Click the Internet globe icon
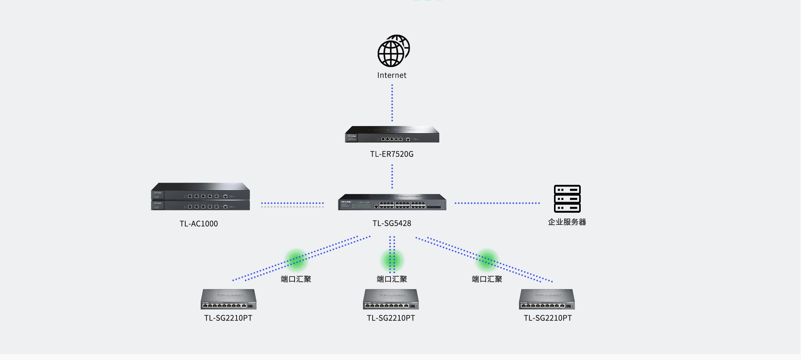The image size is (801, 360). coord(393,51)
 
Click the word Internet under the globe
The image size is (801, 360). coord(392,76)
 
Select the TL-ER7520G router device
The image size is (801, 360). coord(392,134)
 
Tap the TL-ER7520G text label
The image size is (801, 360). coord(392,154)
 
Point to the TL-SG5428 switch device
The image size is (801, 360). coord(392,202)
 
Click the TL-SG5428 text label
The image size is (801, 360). coord(392,223)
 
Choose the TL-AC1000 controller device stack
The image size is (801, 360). coord(200,196)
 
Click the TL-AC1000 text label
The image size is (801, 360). coord(199,224)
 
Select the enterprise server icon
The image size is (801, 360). coord(567,199)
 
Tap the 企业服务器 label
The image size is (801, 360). coord(567,222)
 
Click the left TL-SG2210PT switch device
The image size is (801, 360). coord(229,299)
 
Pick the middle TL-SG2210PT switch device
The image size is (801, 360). coord(391,299)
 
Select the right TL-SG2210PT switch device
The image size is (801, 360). coord(547,299)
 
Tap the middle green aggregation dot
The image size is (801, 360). coord(392,260)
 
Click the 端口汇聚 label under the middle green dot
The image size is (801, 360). coord(392,279)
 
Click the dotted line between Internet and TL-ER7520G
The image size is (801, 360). coord(392,103)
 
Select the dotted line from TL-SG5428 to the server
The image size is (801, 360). coord(497,203)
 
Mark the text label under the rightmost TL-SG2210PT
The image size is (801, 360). coord(548,318)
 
